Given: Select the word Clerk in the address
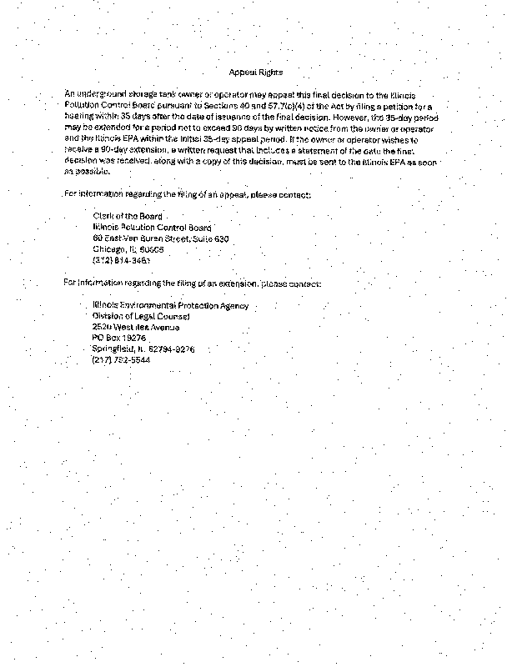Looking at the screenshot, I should tap(103, 216).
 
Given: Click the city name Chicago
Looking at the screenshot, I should tap(108, 248).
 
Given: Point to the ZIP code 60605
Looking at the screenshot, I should tap(153, 248).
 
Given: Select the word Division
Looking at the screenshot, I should tap(107, 317).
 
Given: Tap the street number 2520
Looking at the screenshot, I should tap(102, 328).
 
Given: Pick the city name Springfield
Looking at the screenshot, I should tap(113, 349).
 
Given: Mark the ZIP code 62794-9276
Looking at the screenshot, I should tap(172, 349).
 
